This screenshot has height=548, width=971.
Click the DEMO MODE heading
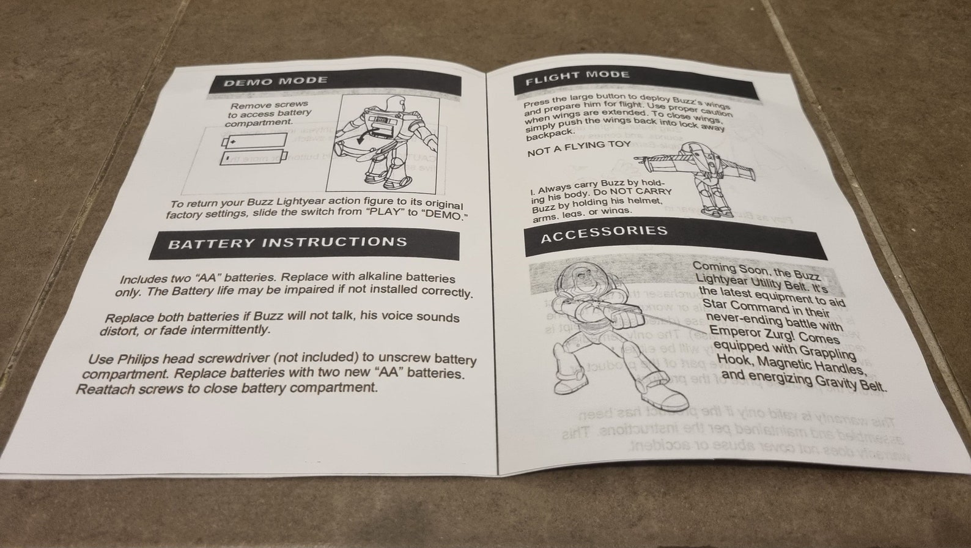pyautogui.click(x=275, y=81)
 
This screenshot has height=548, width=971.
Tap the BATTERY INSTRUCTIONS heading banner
pyautogui.click(x=287, y=243)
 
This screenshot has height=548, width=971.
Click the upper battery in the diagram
pyautogui.click(x=253, y=142)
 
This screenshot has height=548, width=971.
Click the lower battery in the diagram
pyautogui.click(x=253, y=158)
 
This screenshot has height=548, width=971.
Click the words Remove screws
pyautogui.click(x=265, y=105)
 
